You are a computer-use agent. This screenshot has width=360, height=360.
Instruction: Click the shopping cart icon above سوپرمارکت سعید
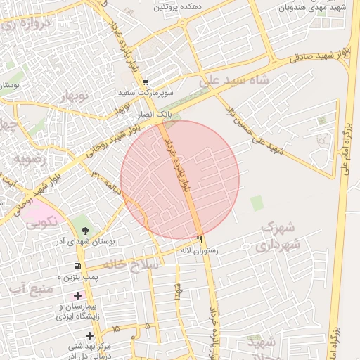(x=146, y=82)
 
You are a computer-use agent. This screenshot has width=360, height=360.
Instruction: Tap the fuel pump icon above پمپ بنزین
(x=77, y=266)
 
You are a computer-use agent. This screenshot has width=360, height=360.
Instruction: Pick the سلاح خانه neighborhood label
(x=131, y=264)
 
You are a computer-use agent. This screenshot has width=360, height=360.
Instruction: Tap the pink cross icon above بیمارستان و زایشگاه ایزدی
(x=78, y=295)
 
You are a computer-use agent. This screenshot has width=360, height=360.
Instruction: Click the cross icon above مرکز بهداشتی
(x=89, y=335)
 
